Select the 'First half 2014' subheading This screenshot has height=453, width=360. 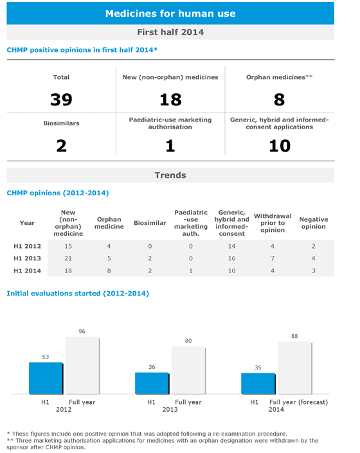(170, 32)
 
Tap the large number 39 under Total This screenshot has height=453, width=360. (61, 99)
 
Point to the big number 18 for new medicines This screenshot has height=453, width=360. (170, 99)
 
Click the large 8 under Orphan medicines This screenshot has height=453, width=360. (279, 99)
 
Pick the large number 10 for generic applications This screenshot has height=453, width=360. (279, 146)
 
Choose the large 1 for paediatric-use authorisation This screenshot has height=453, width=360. (170, 146)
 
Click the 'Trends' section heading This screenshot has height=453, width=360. (170, 175)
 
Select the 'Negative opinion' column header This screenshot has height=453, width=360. (313, 223)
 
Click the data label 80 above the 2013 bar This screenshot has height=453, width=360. (188, 341)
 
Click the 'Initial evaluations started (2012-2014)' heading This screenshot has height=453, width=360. (78, 293)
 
